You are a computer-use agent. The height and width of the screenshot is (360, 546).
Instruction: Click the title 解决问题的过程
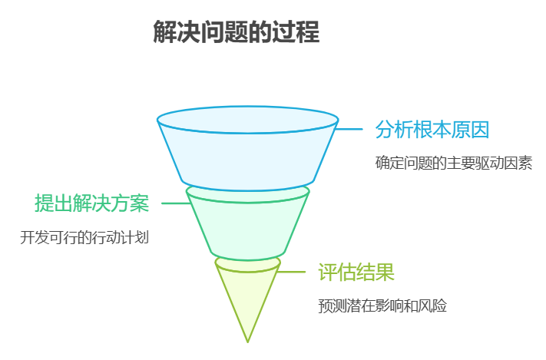tap(237, 32)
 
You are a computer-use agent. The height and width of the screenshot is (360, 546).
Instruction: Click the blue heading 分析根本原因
tap(432, 129)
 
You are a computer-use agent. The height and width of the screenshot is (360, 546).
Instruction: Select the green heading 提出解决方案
tap(91, 203)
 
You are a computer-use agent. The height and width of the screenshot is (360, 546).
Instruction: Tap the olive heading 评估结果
tap(356, 272)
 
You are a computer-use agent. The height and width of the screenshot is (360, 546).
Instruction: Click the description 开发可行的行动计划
tap(84, 237)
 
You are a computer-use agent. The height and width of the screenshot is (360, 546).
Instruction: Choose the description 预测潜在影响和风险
tap(382, 306)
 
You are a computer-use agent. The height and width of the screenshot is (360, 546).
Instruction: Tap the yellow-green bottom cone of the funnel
tap(247, 296)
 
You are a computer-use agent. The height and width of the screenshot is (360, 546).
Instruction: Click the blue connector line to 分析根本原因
tap(350, 129)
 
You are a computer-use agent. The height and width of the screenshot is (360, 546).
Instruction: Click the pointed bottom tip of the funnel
tap(247, 340)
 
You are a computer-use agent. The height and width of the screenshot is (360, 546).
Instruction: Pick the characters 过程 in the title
tap(299, 32)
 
